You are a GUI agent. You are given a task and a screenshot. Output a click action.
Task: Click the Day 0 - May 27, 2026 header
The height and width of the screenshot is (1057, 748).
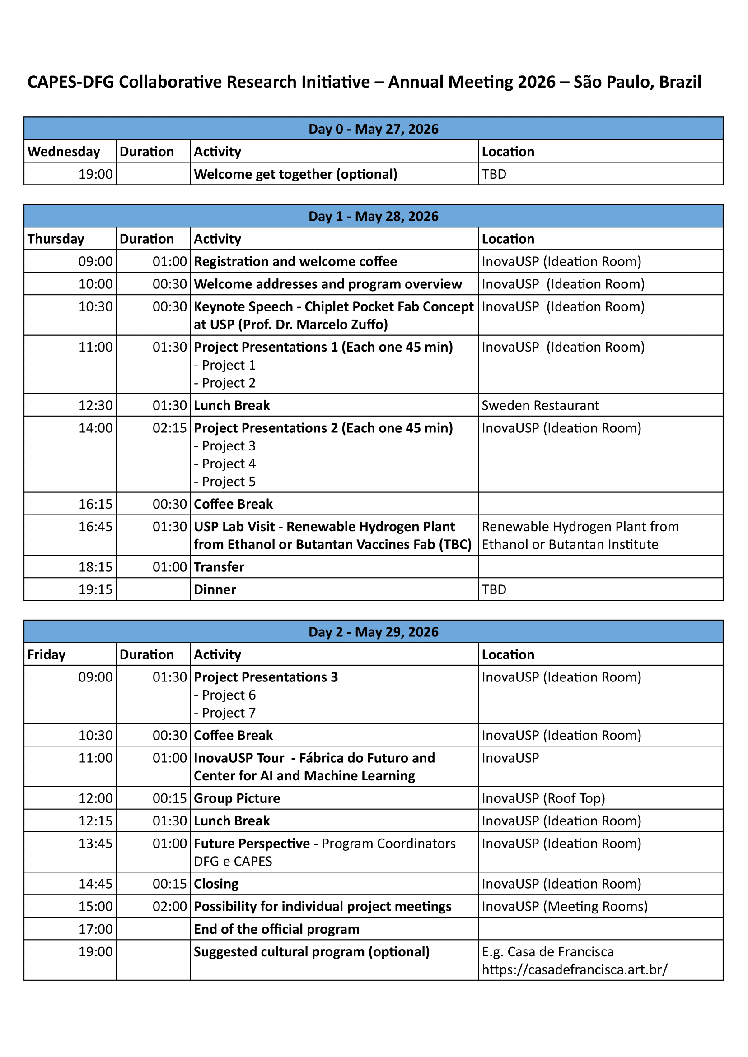(x=373, y=129)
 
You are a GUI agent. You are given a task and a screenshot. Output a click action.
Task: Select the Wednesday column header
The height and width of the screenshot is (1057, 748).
(x=64, y=152)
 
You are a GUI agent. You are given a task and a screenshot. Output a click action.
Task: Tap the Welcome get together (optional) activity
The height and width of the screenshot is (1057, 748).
(x=295, y=174)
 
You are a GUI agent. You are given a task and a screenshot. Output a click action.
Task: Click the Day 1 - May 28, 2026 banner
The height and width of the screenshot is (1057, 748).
(x=373, y=216)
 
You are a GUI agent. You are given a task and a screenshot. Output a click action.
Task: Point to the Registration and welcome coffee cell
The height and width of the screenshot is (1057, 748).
(x=295, y=261)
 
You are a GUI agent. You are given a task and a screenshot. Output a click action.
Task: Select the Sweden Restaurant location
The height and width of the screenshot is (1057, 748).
(x=540, y=405)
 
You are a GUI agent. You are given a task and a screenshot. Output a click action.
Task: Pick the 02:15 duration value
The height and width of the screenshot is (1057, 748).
(x=169, y=428)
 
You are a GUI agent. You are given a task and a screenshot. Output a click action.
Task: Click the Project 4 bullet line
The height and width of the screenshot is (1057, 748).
(x=225, y=464)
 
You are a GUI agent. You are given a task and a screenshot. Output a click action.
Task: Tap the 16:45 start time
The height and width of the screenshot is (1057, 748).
(x=95, y=526)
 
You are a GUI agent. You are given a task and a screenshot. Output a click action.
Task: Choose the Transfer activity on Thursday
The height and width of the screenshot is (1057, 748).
(x=219, y=567)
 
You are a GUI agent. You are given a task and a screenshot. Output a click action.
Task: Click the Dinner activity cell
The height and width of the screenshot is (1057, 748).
(x=215, y=589)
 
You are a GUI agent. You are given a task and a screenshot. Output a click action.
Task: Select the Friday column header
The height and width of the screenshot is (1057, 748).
(x=47, y=654)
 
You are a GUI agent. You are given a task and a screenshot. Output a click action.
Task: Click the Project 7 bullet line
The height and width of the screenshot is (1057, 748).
(x=225, y=713)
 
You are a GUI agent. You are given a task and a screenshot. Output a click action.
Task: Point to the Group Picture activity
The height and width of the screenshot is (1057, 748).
(x=237, y=798)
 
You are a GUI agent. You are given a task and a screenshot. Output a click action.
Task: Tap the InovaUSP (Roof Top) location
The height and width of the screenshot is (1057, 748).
(x=543, y=798)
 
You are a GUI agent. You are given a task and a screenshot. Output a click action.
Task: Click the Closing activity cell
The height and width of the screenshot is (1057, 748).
(x=216, y=883)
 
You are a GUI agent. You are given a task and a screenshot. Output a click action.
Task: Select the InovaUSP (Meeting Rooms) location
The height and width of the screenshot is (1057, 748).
(x=565, y=906)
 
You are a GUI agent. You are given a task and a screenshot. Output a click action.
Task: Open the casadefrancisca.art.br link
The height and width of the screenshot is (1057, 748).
(x=574, y=969)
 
